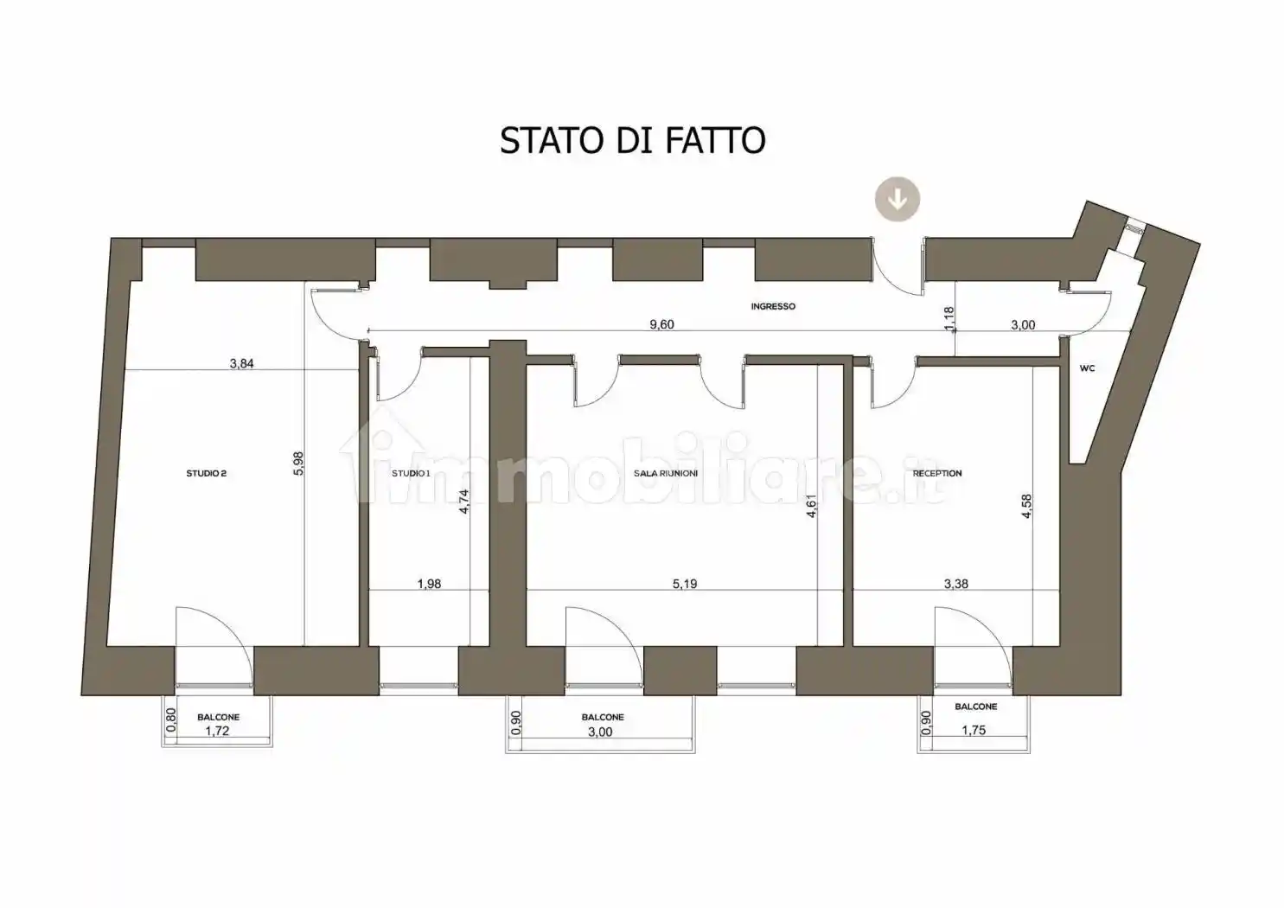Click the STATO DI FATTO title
632,140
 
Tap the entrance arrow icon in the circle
898,199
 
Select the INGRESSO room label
772,306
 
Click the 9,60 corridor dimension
661,324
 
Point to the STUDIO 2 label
206,473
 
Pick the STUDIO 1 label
410,473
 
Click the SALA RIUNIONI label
665,473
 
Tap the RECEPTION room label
936,473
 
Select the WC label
1087,368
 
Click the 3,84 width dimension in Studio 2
241,363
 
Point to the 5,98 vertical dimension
298,463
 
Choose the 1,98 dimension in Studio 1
429,584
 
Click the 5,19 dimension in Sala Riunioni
684,584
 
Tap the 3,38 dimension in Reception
955,584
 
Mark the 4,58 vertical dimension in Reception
1026,506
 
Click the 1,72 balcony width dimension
217,731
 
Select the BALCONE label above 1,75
975,707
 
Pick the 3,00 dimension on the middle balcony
599,732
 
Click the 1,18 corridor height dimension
949,319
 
